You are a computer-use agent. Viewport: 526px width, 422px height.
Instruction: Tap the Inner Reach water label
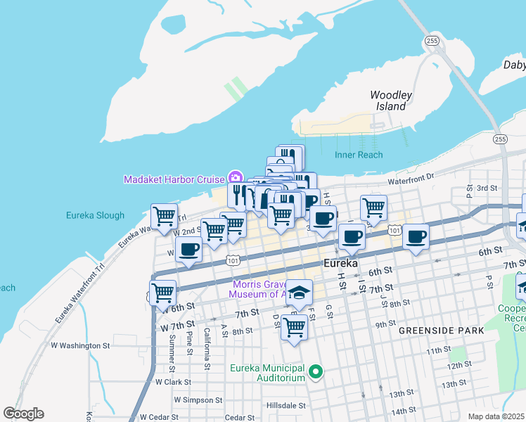359,155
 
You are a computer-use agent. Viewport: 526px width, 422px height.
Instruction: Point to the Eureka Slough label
95,215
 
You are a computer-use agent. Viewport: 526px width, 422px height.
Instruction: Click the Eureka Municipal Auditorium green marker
316,372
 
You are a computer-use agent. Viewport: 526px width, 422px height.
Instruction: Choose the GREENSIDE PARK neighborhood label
442,330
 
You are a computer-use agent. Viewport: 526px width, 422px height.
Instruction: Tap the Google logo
23,414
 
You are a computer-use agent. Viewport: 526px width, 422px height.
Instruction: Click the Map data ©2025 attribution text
496,416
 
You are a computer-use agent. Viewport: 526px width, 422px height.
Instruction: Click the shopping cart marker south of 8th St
295,326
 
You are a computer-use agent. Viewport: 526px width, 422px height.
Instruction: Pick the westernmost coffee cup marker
188,249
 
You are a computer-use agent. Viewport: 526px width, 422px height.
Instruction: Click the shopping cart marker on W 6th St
162,291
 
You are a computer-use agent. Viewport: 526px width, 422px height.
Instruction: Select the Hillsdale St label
286,406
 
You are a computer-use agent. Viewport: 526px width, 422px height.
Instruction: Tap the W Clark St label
173,382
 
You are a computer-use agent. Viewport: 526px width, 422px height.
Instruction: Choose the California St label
207,347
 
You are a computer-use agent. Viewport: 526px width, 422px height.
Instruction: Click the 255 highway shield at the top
432,41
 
